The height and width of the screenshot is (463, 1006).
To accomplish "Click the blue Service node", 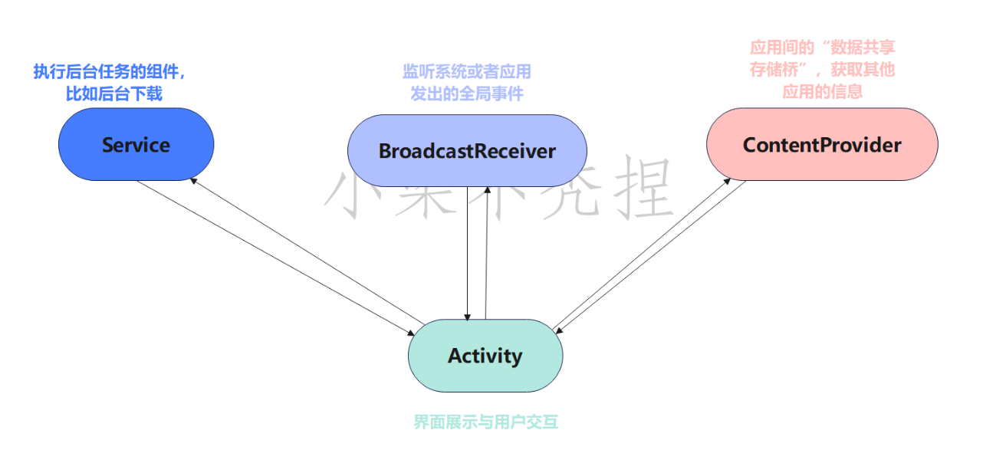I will [x=136, y=145].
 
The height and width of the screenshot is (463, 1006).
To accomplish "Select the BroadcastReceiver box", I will [x=467, y=150].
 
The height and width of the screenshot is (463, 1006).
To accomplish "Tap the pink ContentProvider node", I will [x=822, y=144].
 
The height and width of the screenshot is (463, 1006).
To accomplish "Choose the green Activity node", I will [x=485, y=356].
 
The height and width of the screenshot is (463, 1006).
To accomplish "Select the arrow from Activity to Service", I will [x=307, y=250].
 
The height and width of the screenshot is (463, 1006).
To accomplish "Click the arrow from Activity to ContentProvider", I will [x=640, y=253].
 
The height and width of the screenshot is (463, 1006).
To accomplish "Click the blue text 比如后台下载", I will [x=114, y=94].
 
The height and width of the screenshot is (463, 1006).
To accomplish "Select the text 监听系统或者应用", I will [x=467, y=72].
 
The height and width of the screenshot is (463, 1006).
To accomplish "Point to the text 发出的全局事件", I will [x=467, y=94].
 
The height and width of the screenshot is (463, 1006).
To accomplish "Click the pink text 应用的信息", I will [x=822, y=91].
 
